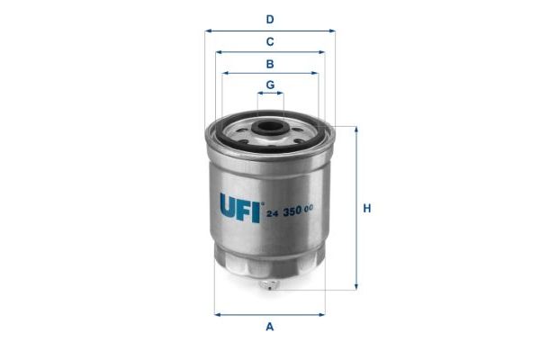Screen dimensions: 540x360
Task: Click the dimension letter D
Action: point(270,19)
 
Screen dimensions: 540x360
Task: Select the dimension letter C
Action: point(270,41)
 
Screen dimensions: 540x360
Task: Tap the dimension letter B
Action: point(270,64)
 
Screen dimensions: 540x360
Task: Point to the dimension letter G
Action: point(270,85)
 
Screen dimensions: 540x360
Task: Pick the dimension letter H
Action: point(367,209)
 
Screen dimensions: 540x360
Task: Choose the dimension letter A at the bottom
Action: point(270,326)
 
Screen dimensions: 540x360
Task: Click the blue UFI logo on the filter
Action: point(240,207)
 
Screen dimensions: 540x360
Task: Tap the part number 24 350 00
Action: point(290,211)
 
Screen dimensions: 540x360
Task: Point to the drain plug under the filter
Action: point(268,284)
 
